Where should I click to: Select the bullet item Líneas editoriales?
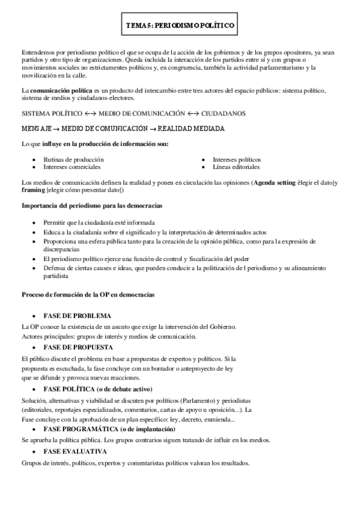pos(236,167)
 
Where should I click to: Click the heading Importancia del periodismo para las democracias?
pos(91,206)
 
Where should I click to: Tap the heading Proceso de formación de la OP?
pos(88,295)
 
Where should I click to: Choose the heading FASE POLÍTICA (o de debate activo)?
pos(98,389)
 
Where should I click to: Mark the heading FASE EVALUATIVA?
pos(75,450)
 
